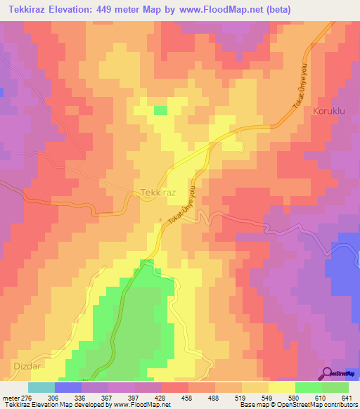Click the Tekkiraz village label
tap(157, 193)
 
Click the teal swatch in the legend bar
tap(41, 388)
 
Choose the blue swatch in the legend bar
tap(67, 388)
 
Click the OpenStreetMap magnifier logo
tap(328, 373)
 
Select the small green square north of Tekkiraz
tap(160, 110)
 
